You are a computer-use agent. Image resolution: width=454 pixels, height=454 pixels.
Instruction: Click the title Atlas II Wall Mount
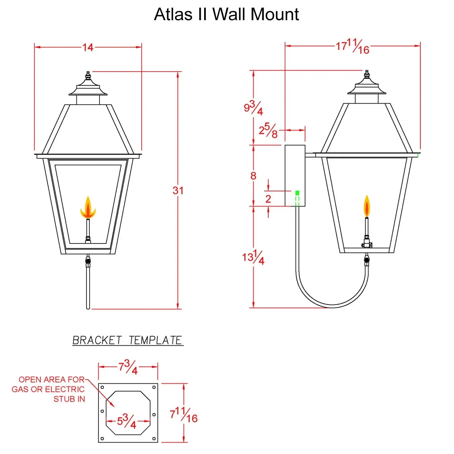[x=226, y=14]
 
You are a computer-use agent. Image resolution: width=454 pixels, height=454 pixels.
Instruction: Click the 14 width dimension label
[x=88, y=47]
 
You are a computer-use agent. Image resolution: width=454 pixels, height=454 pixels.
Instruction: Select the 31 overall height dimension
[x=178, y=190]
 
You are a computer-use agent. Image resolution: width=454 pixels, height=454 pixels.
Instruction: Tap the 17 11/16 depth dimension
[x=353, y=46]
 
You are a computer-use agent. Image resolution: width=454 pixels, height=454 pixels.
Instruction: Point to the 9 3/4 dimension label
[x=253, y=108]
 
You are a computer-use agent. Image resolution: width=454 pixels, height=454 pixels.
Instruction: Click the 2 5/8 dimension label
[x=268, y=130]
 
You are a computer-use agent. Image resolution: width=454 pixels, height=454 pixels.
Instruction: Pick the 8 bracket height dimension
[x=253, y=176]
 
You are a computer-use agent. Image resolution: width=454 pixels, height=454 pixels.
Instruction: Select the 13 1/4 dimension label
[x=253, y=258]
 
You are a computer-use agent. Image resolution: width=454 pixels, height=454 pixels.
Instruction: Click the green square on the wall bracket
[x=297, y=193]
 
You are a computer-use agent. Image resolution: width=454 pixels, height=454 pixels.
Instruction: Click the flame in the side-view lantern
[x=367, y=206]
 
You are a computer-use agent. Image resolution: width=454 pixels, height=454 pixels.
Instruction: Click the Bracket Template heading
[x=127, y=340]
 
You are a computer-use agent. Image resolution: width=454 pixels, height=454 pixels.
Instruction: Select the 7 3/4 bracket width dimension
[x=128, y=367]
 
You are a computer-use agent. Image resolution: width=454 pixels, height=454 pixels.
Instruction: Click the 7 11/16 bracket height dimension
[x=184, y=413]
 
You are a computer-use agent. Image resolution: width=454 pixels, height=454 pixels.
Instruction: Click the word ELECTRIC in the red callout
[x=65, y=389]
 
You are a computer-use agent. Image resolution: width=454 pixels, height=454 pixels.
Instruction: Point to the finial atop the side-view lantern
[x=367, y=75]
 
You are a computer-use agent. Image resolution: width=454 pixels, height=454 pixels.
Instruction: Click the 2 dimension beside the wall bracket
[x=268, y=199]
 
